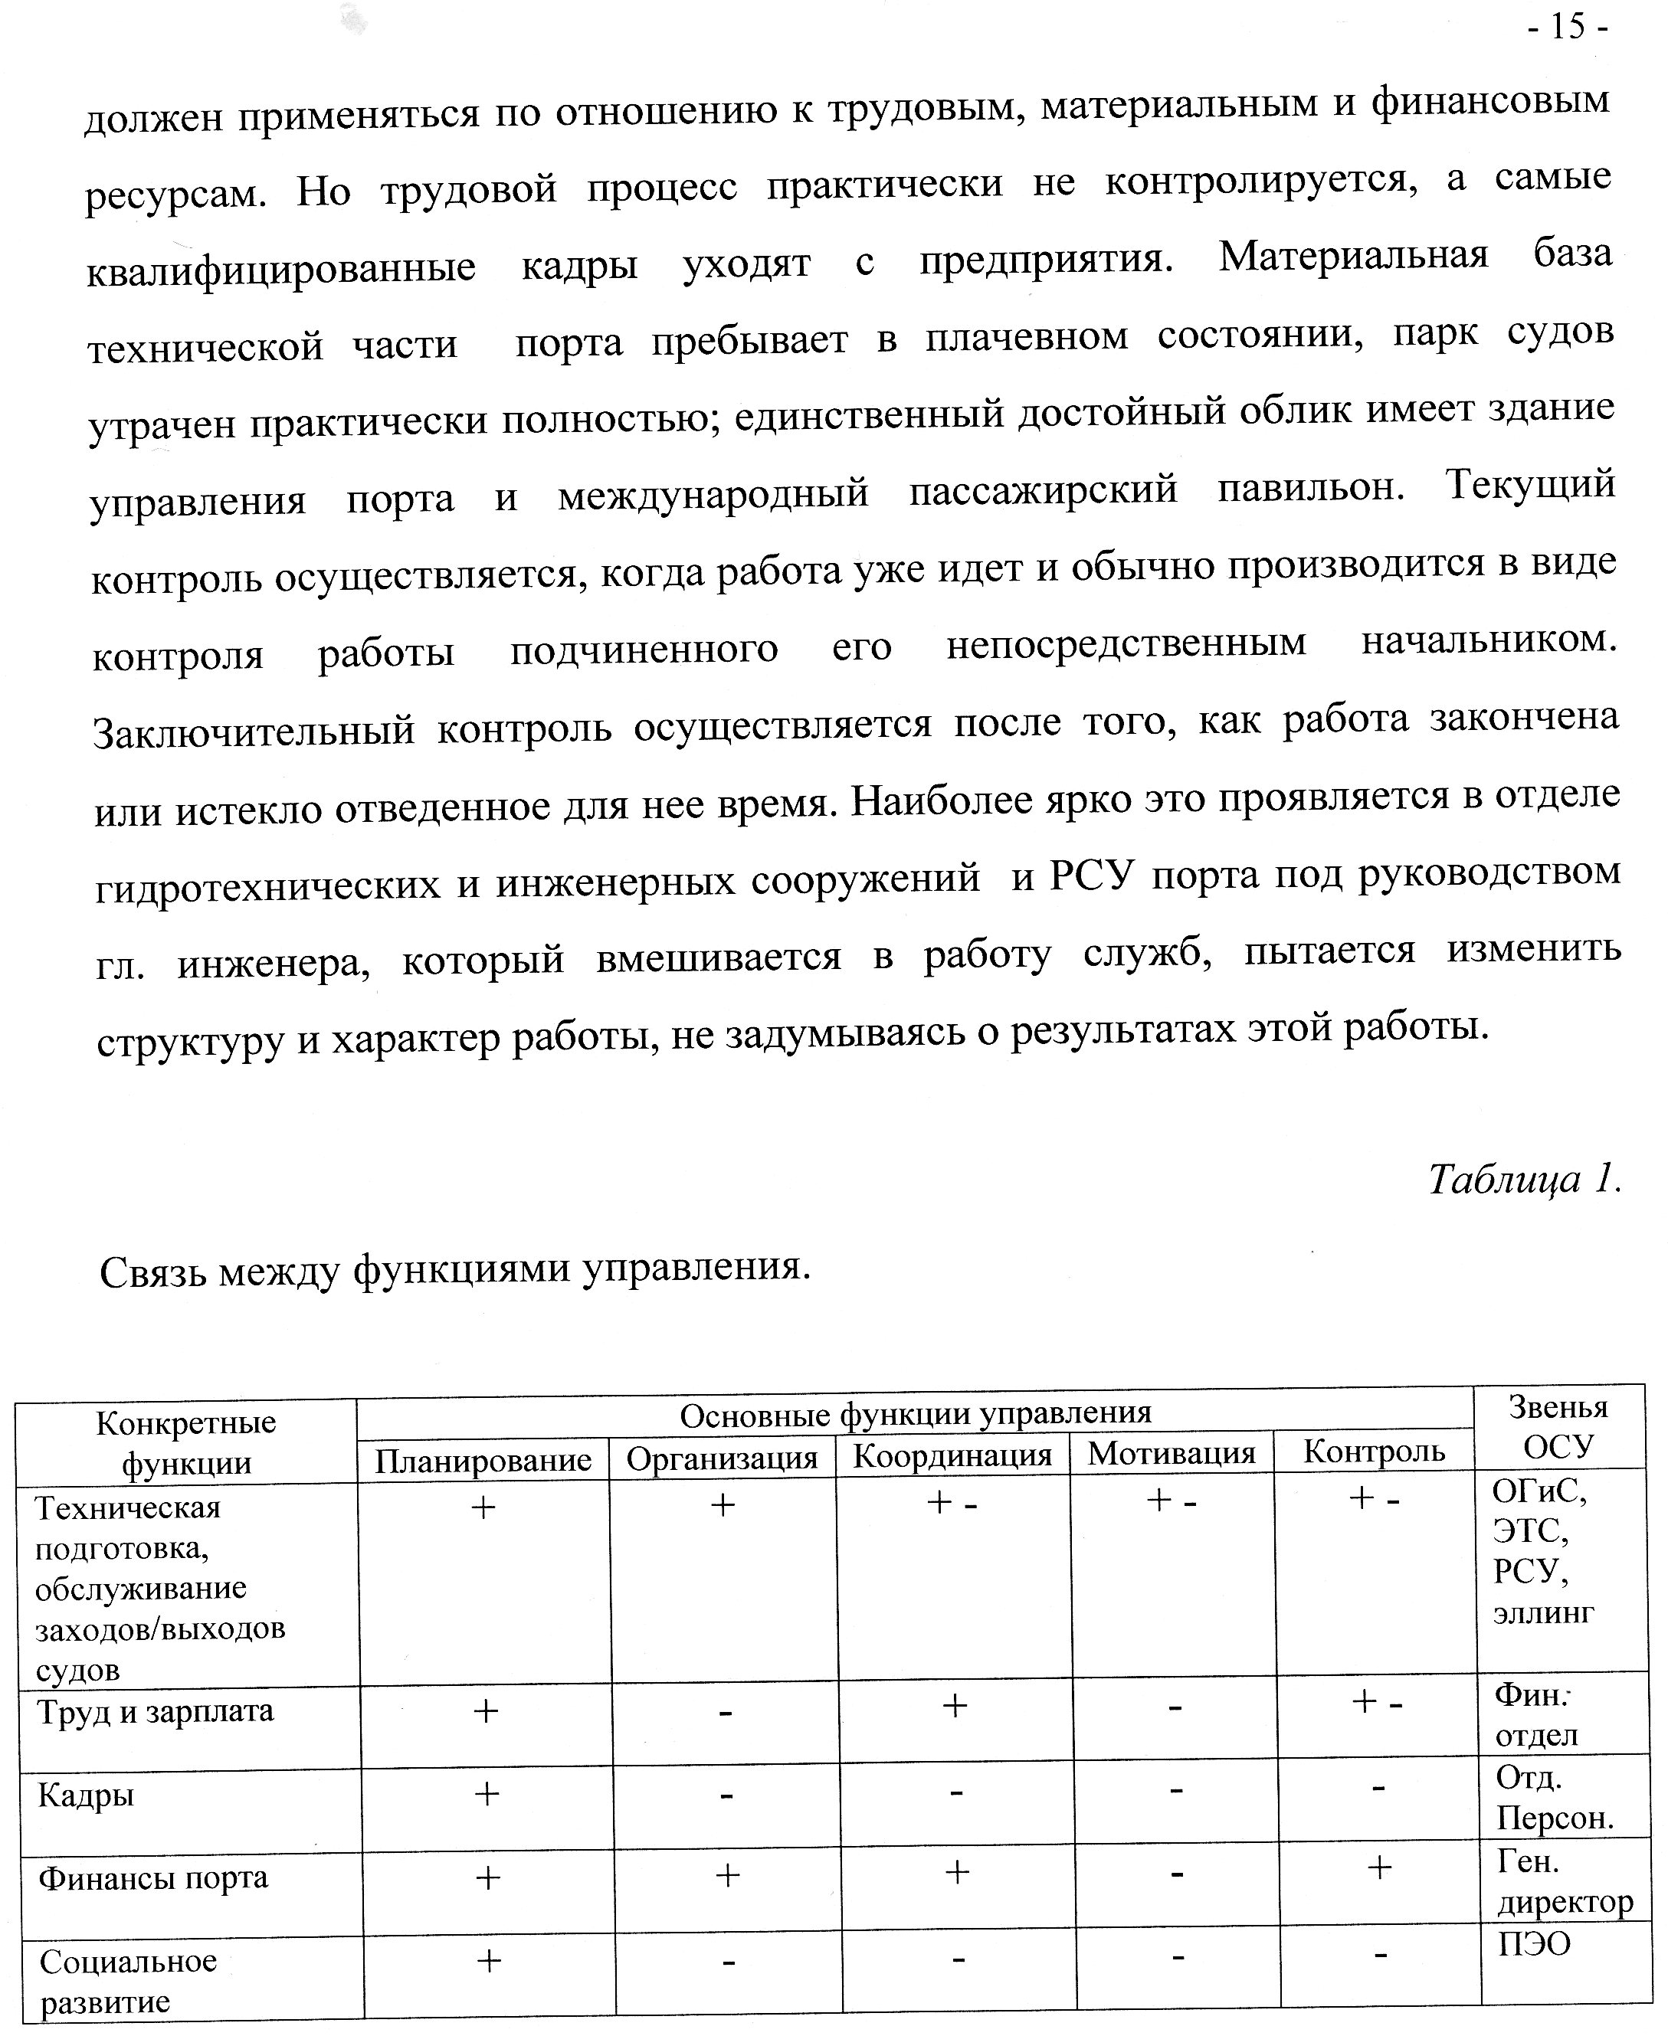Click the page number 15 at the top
tap(1567, 26)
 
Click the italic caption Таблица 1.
tap(1524, 1178)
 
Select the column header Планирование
tap(483, 1460)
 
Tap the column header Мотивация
tap(1172, 1453)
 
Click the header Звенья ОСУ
tap(1558, 1426)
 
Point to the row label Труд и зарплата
tap(155, 1710)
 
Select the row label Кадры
tap(86, 1794)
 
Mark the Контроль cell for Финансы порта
tap(1379, 1868)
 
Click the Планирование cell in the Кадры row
tap(487, 1793)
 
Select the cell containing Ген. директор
tap(1565, 1881)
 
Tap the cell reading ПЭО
tap(1535, 1945)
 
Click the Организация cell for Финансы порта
tap(727, 1874)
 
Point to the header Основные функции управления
tap(915, 1414)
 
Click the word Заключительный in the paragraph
tap(254, 731)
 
